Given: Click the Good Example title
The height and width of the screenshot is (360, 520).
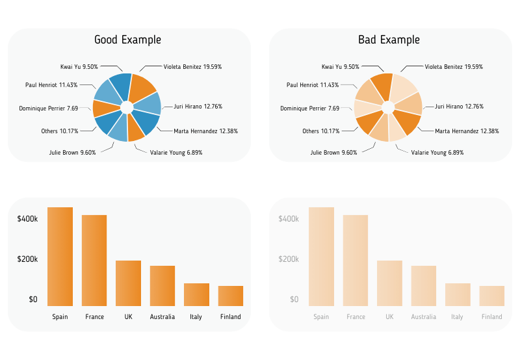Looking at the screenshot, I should pyautogui.click(x=127, y=40).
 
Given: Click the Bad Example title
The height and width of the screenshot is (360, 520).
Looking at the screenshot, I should pyautogui.click(x=389, y=40).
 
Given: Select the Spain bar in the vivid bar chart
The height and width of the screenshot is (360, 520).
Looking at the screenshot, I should pyautogui.click(x=60, y=257).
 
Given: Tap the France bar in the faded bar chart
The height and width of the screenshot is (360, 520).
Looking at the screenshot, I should pyautogui.click(x=356, y=261).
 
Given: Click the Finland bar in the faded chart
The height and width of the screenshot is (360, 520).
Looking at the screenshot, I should pyautogui.click(x=492, y=296).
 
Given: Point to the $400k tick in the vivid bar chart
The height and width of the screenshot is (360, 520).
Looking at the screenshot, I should pyautogui.click(x=27, y=219).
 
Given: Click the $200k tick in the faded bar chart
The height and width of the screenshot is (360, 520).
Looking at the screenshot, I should pyautogui.click(x=289, y=259).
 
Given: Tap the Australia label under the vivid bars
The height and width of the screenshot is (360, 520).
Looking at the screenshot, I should pyautogui.click(x=162, y=317).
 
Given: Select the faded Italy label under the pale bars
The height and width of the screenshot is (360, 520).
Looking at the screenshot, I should pyautogui.click(x=458, y=317).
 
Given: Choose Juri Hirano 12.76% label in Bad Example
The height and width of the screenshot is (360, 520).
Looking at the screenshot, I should pyautogui.click(x=460, y=107).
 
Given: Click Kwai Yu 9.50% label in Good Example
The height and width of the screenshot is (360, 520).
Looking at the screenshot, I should pyautogui.click(x=79, y=66).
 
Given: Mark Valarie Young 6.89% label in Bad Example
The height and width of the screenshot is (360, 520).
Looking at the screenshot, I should pyautogui.click(x=437, y=153).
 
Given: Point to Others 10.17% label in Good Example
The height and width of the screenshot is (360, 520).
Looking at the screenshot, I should pyautogui.click(x=60, y=131).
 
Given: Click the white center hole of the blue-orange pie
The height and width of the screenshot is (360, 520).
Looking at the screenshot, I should pyautogui.click(x=127, y=107).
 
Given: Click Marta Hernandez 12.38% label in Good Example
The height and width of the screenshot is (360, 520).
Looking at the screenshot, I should pyautogui.click(x=205, y=131).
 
